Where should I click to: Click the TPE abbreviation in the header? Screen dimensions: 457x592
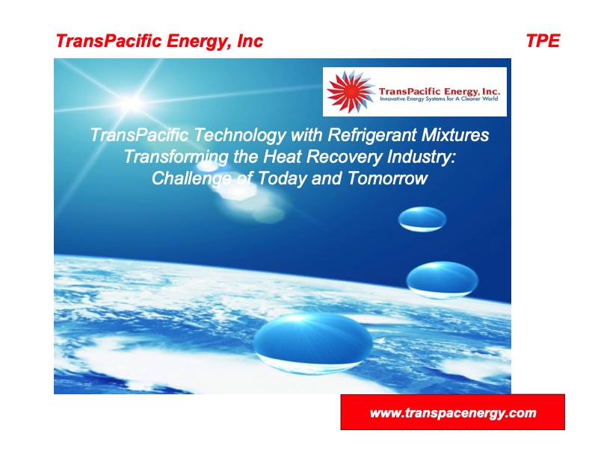[543, 41]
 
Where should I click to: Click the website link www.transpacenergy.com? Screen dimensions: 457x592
[453, 413]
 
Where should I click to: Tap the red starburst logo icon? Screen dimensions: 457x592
[350, 92]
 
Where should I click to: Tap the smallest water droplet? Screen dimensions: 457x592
[422, 219]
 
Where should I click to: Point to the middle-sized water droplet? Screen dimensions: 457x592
[443, 280]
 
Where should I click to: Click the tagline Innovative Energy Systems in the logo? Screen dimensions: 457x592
[439, 99]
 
